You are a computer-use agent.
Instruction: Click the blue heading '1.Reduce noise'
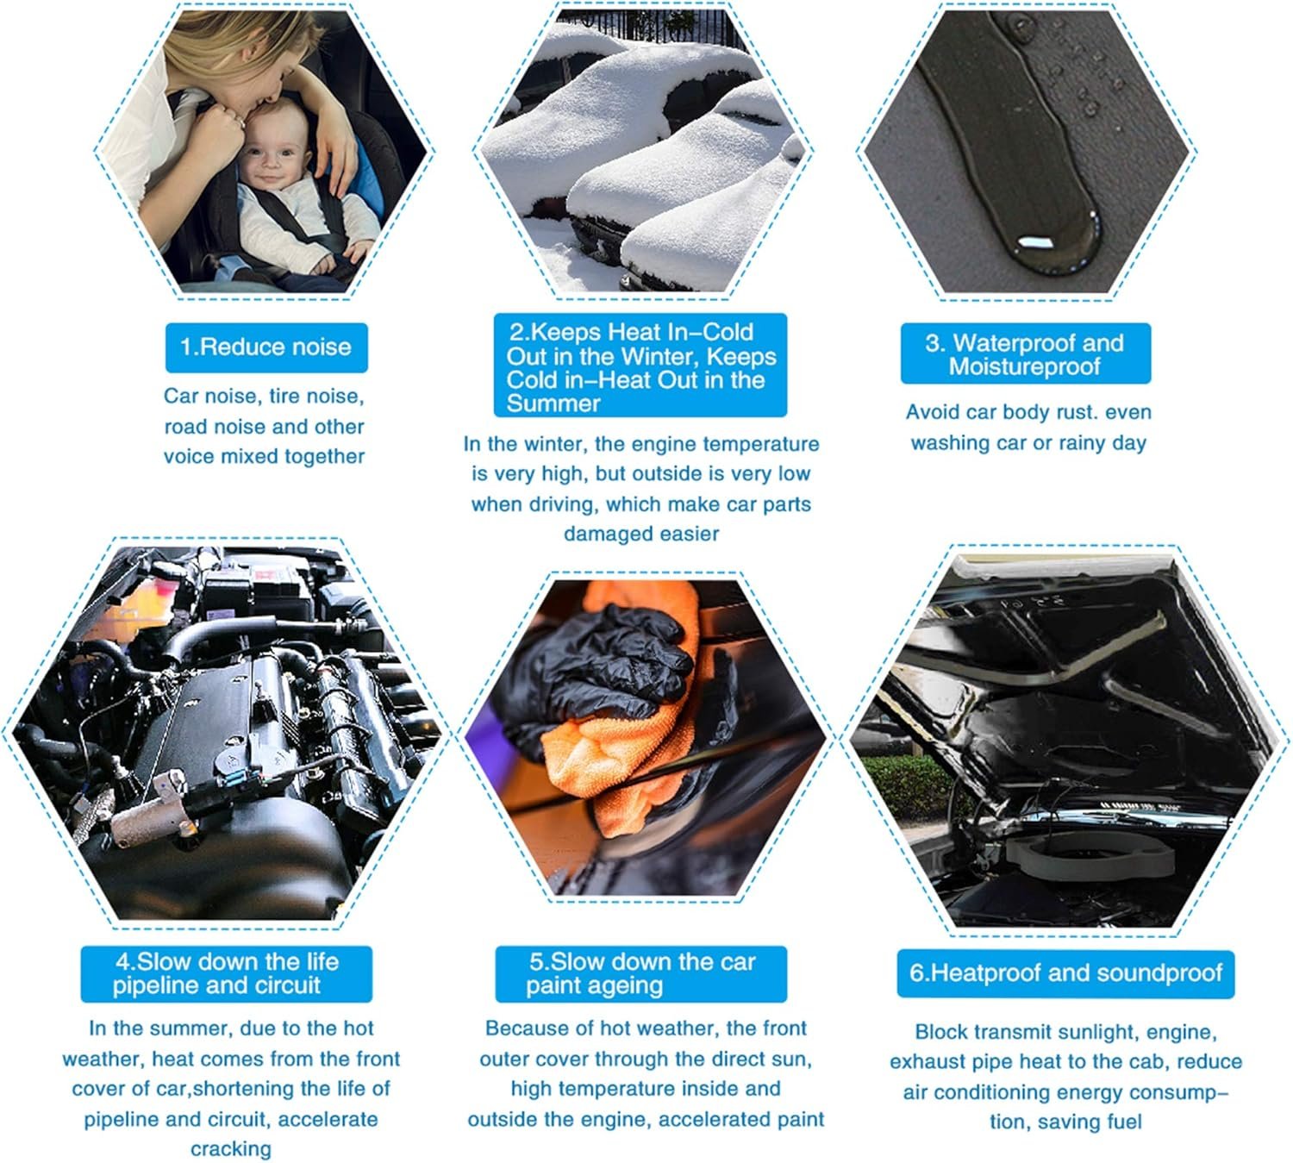pyautogui.click(x=265, y=347)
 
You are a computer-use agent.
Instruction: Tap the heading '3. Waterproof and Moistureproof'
pyautogui.click(x=1024, y=354)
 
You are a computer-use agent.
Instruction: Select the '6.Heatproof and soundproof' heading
pyautogui.click(x=1065, y=972)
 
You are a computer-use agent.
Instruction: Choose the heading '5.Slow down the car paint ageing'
pyautogui.click(x=640, y=973)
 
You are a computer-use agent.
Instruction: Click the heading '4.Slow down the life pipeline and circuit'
pyautogui.click(x=226, y=973)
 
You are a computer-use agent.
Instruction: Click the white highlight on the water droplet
pyautogui.click(x=1034, y=243)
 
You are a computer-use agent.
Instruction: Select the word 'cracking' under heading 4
pyautogui.click(x=231, y=1149)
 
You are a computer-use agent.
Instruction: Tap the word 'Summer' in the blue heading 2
pyautogui.click(x=553, y=403)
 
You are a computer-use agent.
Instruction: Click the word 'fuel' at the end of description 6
pyautogui.click(x=1125, y=1122)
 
